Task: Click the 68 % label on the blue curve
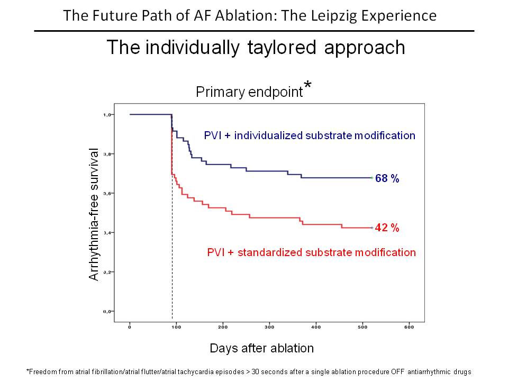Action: click(387, 178)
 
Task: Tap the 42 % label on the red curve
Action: click(387, 228)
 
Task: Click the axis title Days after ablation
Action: click(261, 348)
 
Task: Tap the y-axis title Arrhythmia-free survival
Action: click(94, 214)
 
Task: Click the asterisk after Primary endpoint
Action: click(308, 87)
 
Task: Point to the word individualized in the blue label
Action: click(269, 135)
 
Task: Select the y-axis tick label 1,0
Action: click(107, 114)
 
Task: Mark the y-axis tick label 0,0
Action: click(107, 311)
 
